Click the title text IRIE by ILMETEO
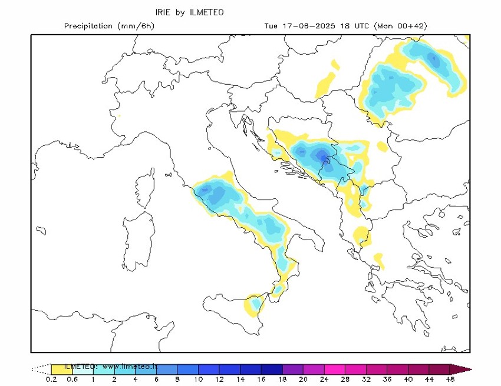pos(189,12)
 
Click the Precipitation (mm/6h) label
pos(109,26)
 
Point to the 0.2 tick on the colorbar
pos(51,380)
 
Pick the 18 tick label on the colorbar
pos(283,380)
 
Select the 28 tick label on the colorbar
pos(345,380)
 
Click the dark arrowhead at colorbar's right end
pos(461,369)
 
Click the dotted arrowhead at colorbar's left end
pos(41,369)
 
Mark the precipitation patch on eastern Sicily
pos(255,303)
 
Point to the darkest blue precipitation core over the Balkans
pos(321,155)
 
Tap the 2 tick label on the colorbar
pos(114,380)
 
